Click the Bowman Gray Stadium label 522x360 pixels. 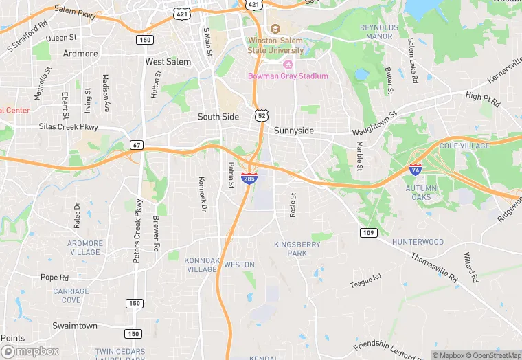coord(288,76)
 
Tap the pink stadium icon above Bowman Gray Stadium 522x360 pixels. coord(288,65)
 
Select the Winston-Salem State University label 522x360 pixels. coord(275,45)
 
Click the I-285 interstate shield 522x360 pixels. coord(250,179)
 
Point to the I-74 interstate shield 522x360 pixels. coord(415,168)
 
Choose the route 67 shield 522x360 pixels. coord(137,145)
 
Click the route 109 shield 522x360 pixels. coord(369,233)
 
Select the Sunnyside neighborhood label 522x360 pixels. coord(294,130)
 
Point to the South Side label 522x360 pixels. coord(218,117)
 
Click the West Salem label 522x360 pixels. coord(168,62)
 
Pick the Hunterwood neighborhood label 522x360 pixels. coord(418,242)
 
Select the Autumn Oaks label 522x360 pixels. coord(420,192)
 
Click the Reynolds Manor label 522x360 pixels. coord(379,32)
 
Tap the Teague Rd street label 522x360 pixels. coord(365,280)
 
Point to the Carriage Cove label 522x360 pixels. coord(71,295)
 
